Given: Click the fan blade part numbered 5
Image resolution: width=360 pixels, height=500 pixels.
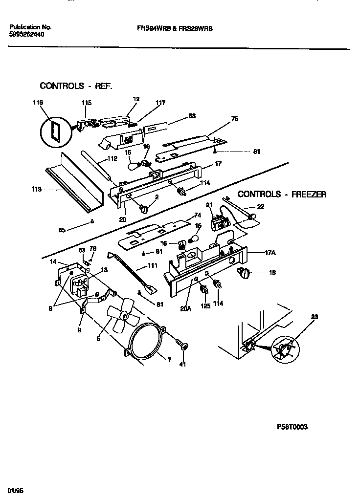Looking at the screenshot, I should (x=120, y=317).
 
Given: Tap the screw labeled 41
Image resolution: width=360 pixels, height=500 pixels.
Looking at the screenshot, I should (x=183, y=347).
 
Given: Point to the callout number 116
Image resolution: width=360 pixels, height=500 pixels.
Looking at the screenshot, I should (x=38, y=103).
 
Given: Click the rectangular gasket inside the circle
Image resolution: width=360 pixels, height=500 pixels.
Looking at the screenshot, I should (x=53, y=130).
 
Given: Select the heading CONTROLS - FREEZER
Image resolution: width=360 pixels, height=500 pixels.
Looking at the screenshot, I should (x=282, y=194).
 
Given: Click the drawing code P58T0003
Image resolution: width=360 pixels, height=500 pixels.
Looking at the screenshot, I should (x=292, y=426).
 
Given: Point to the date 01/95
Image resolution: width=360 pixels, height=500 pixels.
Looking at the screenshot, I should (x=15, y=490).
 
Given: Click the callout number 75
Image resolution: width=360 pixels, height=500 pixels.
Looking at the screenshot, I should (x=234, y=118).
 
